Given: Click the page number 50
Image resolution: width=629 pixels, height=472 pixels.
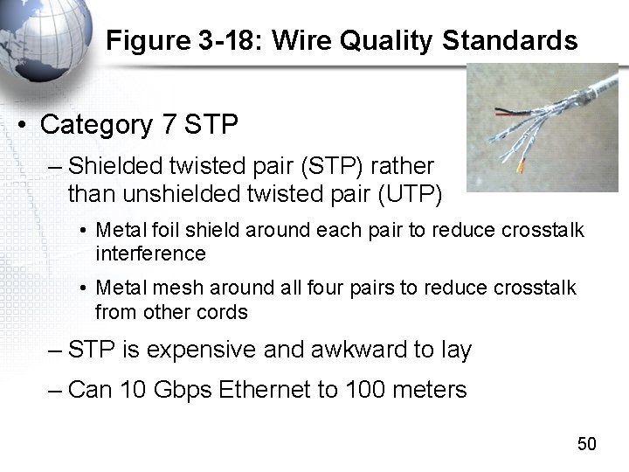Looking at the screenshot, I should pos(586,444).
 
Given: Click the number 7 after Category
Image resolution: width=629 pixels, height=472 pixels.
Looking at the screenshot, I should pos(169,125).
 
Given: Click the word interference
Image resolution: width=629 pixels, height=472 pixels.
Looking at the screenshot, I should pos(150,253).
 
